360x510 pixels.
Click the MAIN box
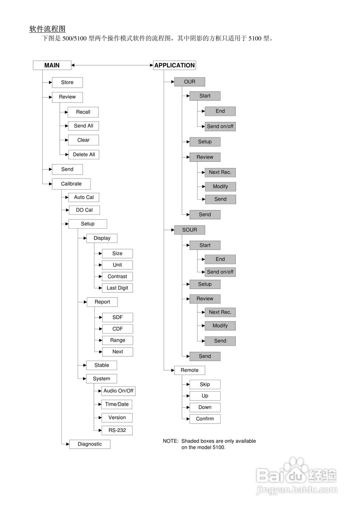coord(52,65)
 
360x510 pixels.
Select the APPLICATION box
coord(174,65)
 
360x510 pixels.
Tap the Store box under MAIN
coord(67,82)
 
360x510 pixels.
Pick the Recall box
coord(83,112)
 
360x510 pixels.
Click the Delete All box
coord(84,155)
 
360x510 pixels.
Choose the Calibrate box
coord(71,184)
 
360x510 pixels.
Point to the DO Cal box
coord(84,210)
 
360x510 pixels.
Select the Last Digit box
coord(117,288)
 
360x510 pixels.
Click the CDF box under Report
coord(117,329)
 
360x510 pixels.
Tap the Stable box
coord(102,365)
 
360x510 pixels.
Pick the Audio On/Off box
coord(119,391)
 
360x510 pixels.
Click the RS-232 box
coord(117,430)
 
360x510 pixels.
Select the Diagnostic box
coord(90,444)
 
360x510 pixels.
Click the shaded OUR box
coord(190,82)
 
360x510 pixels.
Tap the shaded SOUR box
coord(190,230)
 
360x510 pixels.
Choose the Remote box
coord(190,370)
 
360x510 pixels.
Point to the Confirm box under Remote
coord(205,419)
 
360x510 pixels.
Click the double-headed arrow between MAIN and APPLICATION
coord(112,65)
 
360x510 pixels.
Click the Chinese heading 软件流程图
coord(47,29)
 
